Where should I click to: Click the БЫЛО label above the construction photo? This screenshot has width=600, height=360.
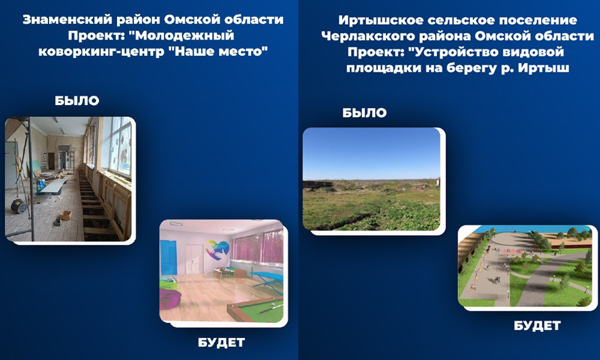point(77,101)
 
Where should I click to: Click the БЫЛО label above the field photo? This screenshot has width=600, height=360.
point(364,113)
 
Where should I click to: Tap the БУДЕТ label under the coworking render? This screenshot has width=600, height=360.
point(221,343)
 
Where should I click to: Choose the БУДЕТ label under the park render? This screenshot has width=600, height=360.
point(537,326)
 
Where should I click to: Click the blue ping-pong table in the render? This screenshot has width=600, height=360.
point(265,277)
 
